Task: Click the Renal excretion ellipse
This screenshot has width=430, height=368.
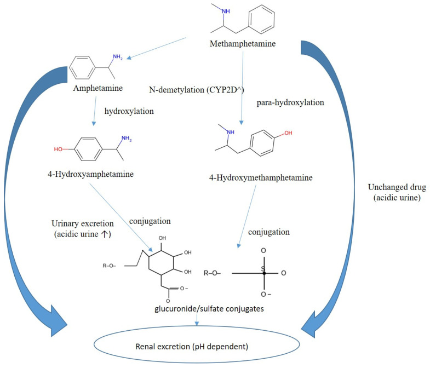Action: [214, 346]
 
